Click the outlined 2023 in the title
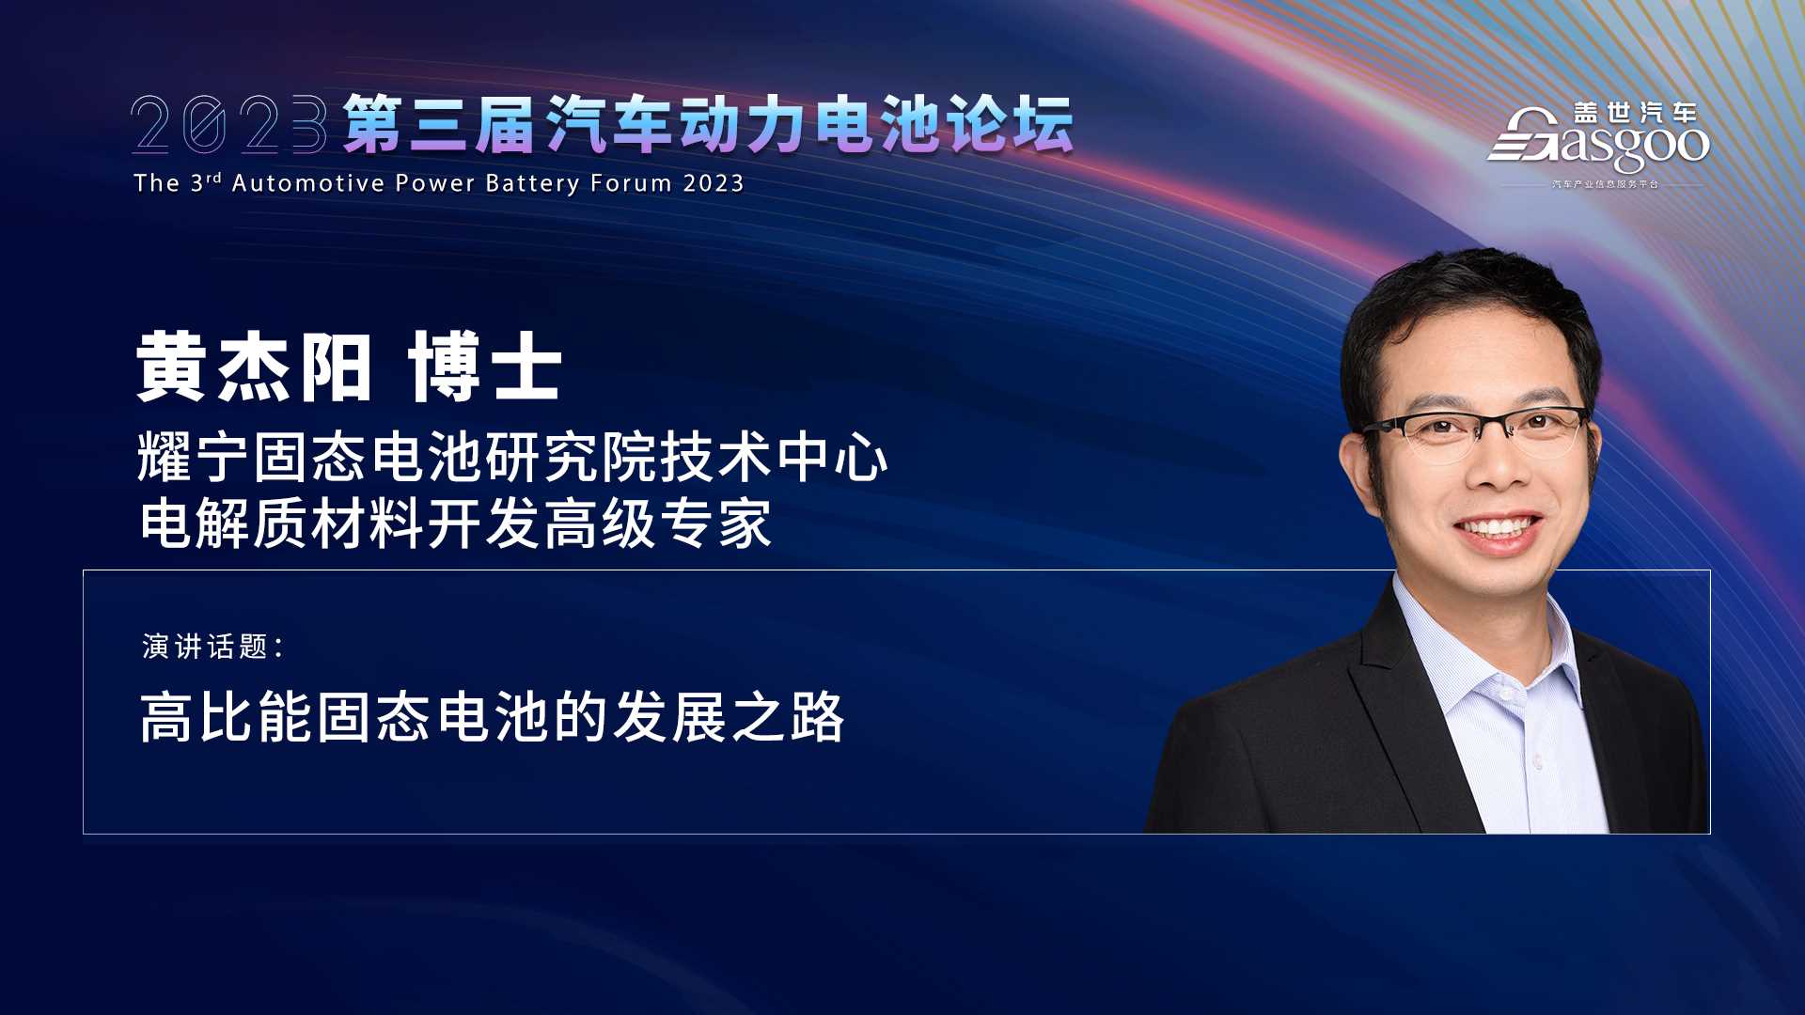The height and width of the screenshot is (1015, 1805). (x=229, y=124)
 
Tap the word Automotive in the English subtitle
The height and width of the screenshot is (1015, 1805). (x=308, y=182)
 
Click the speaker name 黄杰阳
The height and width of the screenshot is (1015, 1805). (x=254, y=367)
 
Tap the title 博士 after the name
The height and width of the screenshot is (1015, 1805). (x=485, y=367)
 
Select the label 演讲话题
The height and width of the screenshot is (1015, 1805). (x=206, y=647)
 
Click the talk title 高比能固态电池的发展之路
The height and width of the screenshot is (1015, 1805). (x=492, y=718)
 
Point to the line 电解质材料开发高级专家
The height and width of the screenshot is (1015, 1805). (x=456, y=523)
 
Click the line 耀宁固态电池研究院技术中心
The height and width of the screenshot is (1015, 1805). (x=512, y=458)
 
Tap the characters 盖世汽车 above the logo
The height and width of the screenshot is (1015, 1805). (x=1636, y=114)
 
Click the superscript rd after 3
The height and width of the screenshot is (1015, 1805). (x=213, y=177)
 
